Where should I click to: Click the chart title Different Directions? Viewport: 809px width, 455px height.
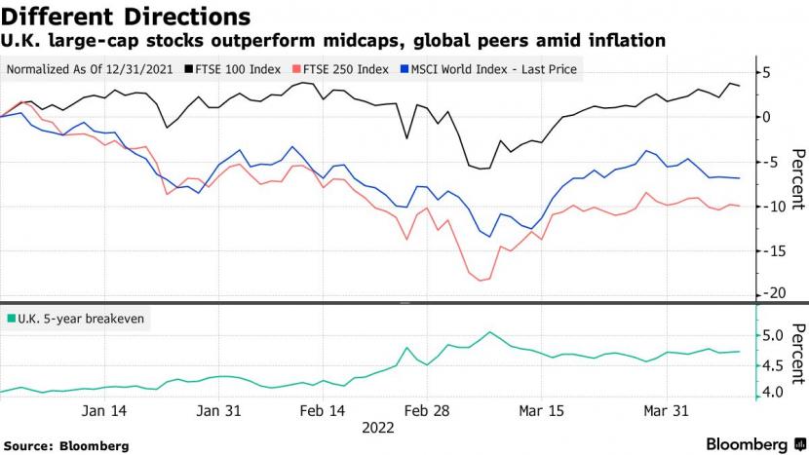pos(126,17)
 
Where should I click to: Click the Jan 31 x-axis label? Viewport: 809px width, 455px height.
pos(219,412)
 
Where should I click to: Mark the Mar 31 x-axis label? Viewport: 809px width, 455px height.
pos(667,412)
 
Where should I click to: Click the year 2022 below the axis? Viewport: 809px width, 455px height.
pos(378,427)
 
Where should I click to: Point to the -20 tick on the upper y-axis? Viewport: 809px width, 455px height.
pos(770,293)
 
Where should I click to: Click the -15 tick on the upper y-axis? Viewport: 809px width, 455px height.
pos(770,250)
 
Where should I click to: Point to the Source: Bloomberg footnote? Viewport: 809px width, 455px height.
pos(72,445)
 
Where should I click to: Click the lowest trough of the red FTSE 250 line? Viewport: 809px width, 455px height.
pos(480,281)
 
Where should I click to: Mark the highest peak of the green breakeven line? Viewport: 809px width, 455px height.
pos(490,332)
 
